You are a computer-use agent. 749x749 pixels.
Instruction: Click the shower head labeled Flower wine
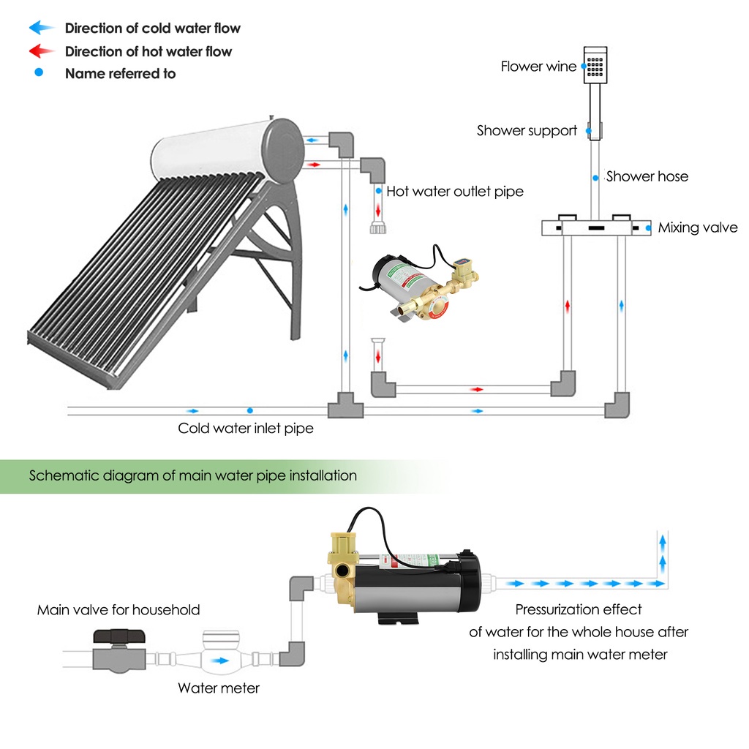[596, 64]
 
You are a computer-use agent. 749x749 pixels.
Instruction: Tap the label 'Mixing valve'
[698, 227]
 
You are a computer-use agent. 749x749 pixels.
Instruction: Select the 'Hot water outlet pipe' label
[455, 192]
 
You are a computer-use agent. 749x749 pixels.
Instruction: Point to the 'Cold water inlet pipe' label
[246, 428]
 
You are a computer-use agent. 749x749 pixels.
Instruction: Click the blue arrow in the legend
[42, 28]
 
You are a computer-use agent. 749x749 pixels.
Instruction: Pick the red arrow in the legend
[42, 51]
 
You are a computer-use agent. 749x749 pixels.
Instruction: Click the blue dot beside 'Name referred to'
[39, 73]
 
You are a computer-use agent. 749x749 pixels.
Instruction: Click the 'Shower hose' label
[647, 176]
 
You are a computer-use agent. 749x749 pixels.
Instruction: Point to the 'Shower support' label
[527, 131]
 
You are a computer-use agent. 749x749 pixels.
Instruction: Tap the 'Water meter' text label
[219, 688]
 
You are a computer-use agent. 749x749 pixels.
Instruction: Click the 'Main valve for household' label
[118, 609]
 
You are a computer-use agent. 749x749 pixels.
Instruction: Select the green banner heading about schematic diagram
[193, 475]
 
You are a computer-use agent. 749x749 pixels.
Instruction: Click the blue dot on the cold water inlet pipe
[250, 410]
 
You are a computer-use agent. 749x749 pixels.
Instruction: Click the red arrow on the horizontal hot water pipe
[477, 389]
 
